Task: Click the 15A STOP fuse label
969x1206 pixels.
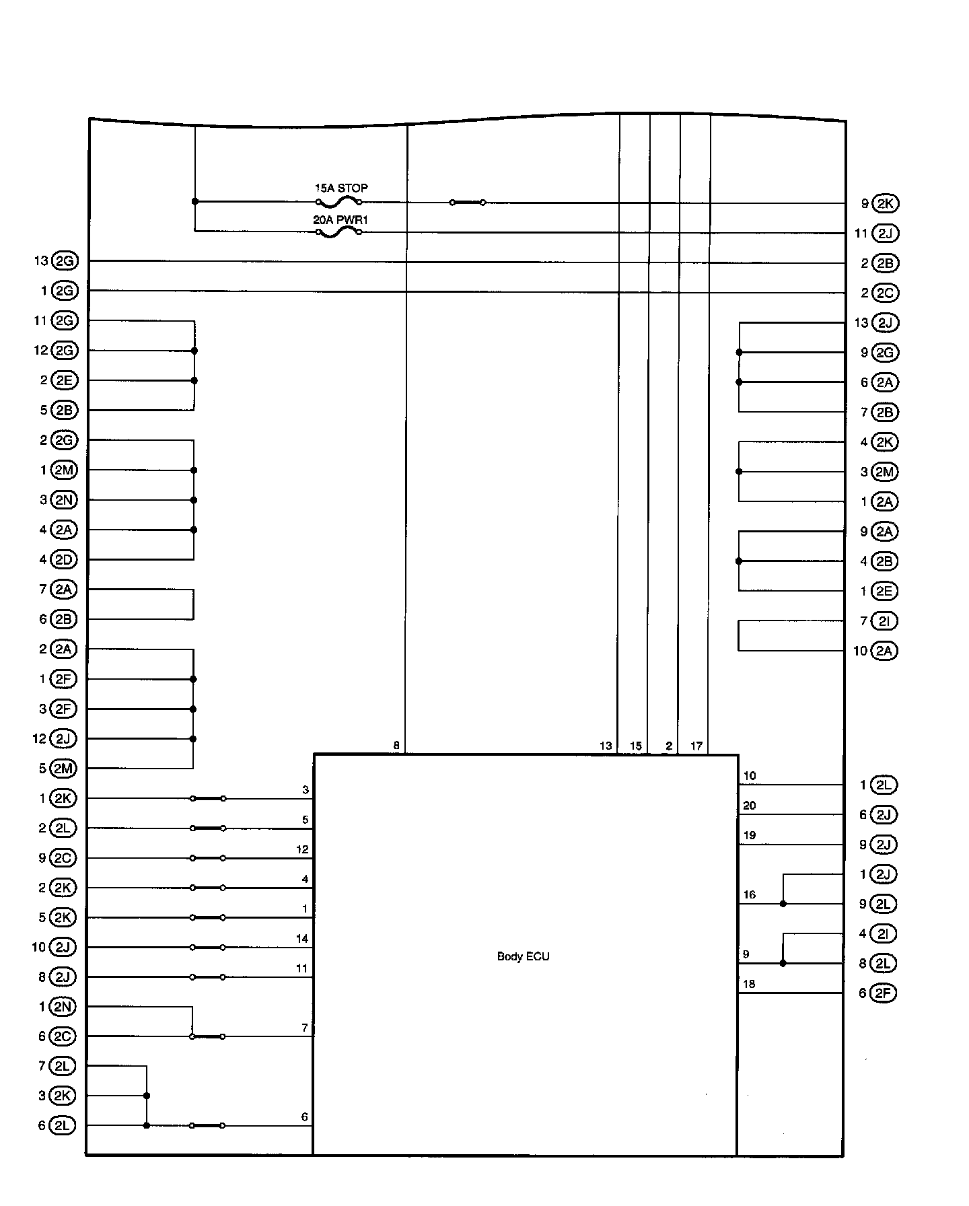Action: tap(341, 188)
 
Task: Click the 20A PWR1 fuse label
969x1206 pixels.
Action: tap(340, 219)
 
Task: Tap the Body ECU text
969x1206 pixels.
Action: tap(523, 956)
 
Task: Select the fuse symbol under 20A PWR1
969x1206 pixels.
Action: tap(339, 232)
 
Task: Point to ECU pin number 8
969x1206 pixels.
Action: tap(396, 746)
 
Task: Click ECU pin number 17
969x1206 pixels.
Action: tap(696, 746)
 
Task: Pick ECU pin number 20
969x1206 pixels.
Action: tap(749, 806)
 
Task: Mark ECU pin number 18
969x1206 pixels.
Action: tap(749, 984)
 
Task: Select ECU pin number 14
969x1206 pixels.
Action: tap(302, 939)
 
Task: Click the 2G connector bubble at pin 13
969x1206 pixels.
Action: tap(65, 261)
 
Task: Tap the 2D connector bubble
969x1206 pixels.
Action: tap(64, 559)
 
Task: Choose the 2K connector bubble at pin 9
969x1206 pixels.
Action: tap(885, 203)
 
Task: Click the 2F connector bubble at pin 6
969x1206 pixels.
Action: tap(884, 993)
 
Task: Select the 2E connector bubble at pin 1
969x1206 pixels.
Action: tap(884, 591)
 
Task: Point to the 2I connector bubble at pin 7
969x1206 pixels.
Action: tap(884, 621)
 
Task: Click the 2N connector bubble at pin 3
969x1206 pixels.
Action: tap(64, 500)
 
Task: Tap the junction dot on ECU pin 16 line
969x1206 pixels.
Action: tap(783, 904)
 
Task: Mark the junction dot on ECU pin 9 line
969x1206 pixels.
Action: tap(783, 964)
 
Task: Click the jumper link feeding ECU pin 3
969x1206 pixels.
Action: tap(208, 799)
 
